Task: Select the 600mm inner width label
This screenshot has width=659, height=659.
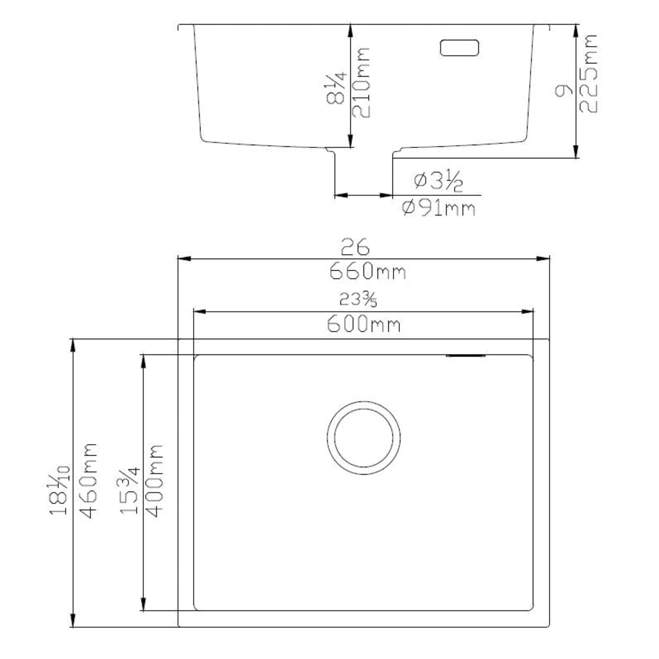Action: (364, 324)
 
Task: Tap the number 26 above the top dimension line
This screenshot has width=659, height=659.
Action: (355, 247)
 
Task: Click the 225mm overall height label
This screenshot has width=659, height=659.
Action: (589, 73)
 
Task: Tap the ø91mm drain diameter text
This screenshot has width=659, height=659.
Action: (439, 209)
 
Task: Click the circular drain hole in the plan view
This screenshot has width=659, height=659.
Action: (364, 438)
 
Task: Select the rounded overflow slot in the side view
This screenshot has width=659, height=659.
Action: (459, 48)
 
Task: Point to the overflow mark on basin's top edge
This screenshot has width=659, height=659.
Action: (466, 356)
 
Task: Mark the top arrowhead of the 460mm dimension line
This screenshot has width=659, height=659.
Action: (73, 345)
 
